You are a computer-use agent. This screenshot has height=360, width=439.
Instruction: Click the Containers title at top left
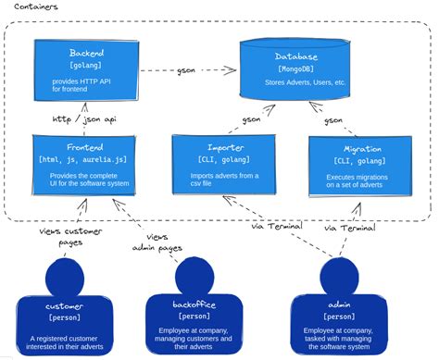34,6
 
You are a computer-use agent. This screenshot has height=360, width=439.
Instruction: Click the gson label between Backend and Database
184,71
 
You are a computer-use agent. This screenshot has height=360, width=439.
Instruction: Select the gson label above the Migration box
333,119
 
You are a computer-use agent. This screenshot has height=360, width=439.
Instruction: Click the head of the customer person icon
63,275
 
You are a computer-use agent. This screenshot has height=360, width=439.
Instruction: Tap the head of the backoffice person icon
193,275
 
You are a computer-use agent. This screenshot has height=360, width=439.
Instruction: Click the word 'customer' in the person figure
64,305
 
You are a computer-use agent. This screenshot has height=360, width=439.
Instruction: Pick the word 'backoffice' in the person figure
193,305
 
